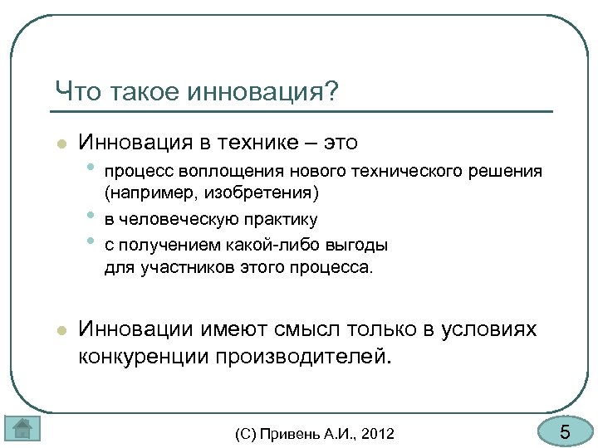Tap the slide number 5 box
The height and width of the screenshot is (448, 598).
(x=564, y=431)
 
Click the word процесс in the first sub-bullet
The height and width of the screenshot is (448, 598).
(x=133, y=172)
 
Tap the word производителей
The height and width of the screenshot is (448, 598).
(x=308, y=357)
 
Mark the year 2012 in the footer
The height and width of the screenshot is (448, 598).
(x=377, y=433)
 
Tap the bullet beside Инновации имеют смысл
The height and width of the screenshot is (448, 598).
(x=60, y=330)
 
